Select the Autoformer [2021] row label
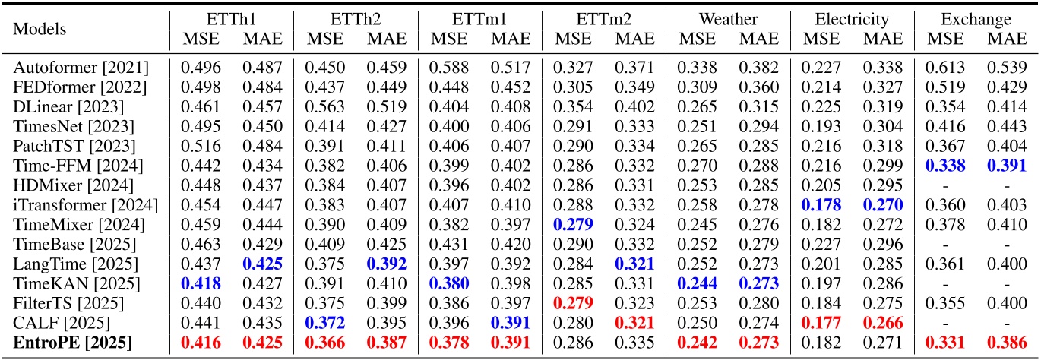coord(81,67)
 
